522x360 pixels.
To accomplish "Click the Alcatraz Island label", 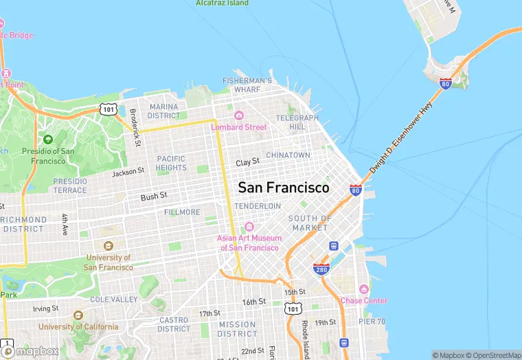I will pos(222,3).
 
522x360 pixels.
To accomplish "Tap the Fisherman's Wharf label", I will pos(247,85).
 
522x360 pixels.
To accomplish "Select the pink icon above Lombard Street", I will pos(239,115).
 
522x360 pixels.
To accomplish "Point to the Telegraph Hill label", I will pos(297,122).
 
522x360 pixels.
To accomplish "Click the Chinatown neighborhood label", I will pos(288,155).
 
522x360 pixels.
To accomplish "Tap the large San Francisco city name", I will pos(283,187).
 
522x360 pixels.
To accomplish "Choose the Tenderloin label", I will pos(258,206).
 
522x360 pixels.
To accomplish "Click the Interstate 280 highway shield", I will pos(321,269).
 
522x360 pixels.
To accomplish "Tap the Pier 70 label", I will pos(372,322).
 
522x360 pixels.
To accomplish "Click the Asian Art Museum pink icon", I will pos(249,227).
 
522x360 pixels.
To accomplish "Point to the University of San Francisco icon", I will pos(108,245).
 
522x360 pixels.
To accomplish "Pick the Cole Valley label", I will pos(114,300).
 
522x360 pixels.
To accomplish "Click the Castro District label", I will pos(174,324).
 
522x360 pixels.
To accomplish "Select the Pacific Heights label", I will pos(171,163).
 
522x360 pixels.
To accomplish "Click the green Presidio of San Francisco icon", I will pos(47,139).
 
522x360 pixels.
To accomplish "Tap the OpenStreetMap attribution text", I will pos(493,355).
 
